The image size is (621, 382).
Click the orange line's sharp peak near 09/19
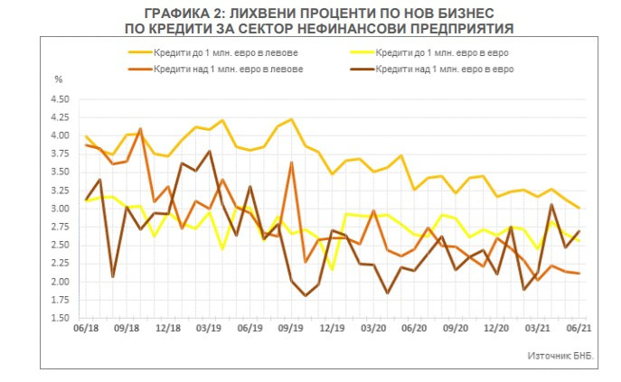coord(290,163)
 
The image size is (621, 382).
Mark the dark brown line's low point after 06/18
coord(113,276)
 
